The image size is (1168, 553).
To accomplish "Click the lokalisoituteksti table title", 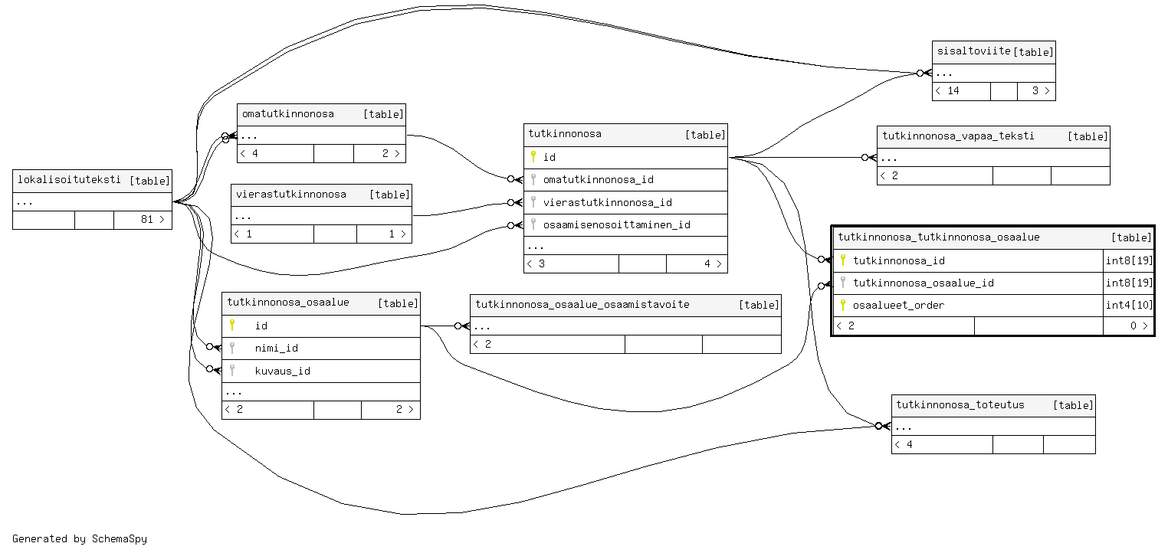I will tap(68, 180).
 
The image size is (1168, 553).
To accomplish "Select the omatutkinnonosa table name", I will tap(288, 114).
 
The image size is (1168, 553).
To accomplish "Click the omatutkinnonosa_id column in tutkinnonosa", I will tap(598, 180).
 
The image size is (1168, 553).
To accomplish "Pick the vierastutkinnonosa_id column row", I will tap(607, 202).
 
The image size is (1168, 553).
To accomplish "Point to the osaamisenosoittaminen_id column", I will tap(616, 224).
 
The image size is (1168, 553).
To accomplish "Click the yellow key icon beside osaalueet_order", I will tap(843, 305).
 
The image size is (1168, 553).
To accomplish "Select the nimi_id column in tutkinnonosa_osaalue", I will tap(276, 348).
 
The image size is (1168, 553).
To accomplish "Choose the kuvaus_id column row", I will tap(282, 371).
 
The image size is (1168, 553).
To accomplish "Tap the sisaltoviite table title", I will tap(974, 51).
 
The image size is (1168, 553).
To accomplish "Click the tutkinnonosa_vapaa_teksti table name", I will tap(958, 136).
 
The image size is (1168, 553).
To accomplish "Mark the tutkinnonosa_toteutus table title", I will tap(960, 404).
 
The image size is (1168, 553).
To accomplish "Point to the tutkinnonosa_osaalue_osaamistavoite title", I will tap(582, 304).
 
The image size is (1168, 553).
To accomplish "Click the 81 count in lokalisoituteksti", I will tap(147, 219).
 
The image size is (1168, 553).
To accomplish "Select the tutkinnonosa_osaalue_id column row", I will tap(923, 283).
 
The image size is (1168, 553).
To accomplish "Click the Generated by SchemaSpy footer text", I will tap(80, 538).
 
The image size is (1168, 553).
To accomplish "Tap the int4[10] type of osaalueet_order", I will tap(1129, 305).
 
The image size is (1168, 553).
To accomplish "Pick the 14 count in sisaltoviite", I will tap(953, 90).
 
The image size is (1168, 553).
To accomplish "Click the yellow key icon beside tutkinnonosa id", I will tap(533, 157).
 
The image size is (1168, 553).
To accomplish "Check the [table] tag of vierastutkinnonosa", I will tap(389, 195).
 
